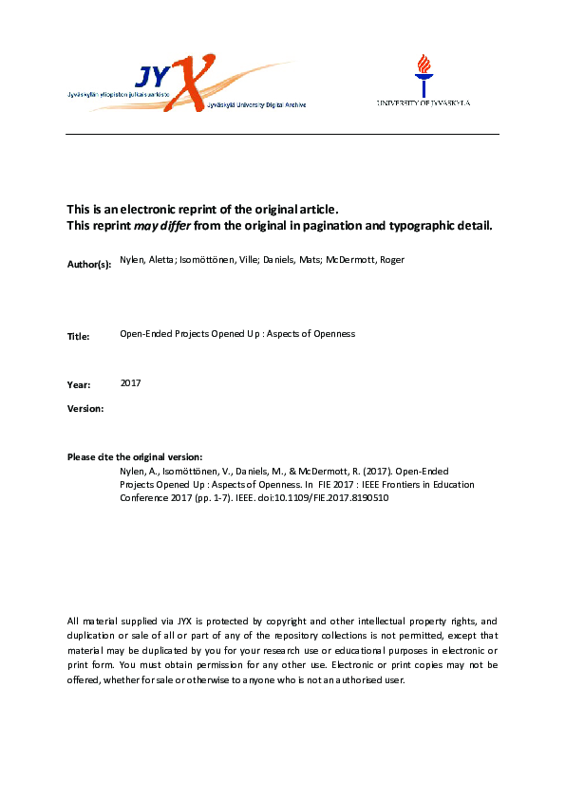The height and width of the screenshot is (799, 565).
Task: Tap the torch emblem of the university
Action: tap(424, 72)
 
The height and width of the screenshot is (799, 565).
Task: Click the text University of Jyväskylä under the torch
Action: tap(424, 102)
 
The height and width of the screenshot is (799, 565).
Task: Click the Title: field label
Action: tap(79, 336)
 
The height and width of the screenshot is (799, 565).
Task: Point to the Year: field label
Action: tap(80, 384)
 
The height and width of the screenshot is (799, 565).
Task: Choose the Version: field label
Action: tap(85, 408)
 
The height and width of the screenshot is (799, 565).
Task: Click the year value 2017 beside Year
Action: tap(131, 382)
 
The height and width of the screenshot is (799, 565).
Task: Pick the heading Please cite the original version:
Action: tap(135, 457)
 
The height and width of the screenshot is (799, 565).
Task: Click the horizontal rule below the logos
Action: tap(282, 134)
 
